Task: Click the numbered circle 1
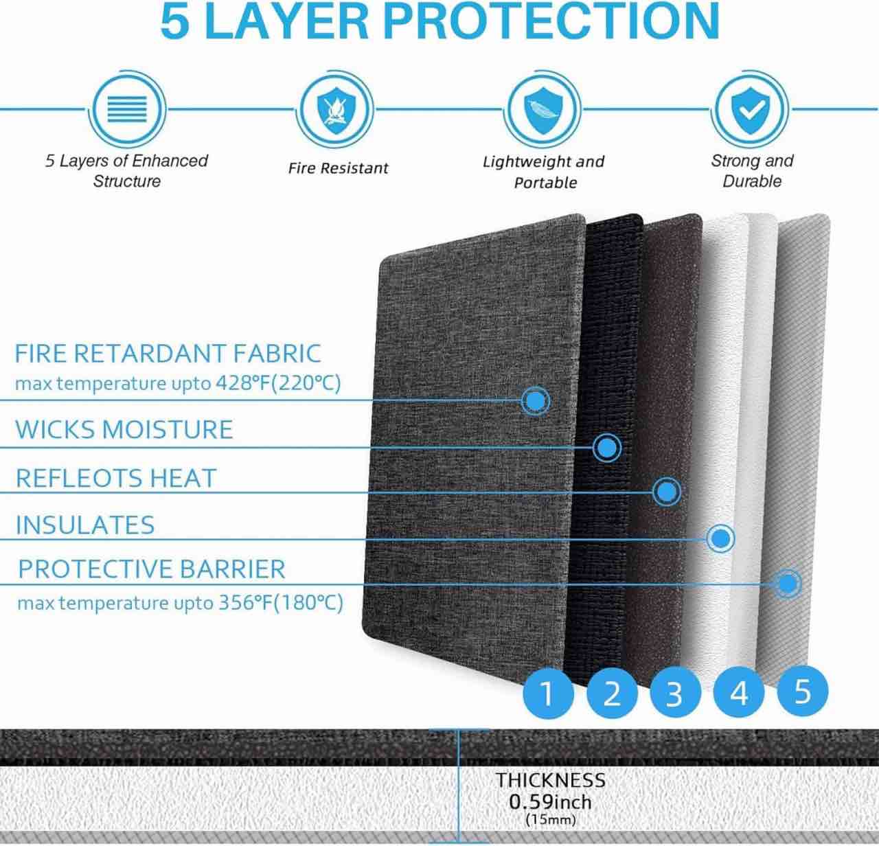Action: (547, 693)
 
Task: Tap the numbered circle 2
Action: (611, 693)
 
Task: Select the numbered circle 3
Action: (675, 693)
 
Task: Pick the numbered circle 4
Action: (739, 693)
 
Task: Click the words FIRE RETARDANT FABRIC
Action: (168, 354)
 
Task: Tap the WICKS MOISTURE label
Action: (124, 430)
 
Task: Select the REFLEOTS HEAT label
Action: (115, 478)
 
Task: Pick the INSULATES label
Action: (85, 525)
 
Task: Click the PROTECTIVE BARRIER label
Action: (151, 569)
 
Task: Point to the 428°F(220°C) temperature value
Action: (278, 383)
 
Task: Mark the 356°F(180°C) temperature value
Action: (281, 604)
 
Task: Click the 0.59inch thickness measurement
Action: (550, 801)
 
